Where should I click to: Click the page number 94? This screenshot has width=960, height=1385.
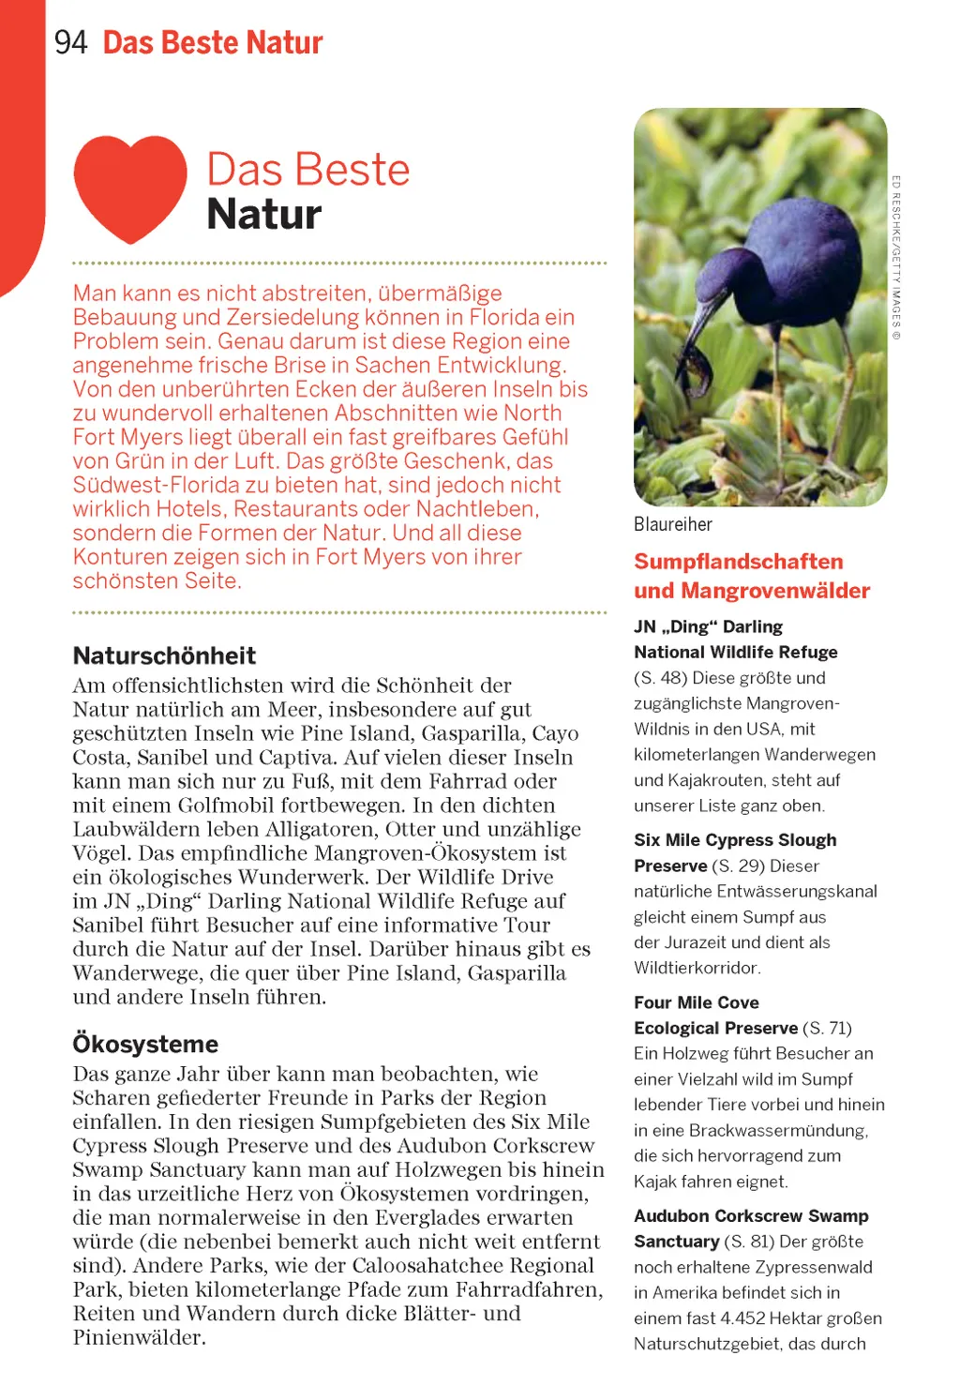click(x=70, y=42)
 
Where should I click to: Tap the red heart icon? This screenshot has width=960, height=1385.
click(x=129, y=185)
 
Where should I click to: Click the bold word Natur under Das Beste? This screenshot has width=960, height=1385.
click(x=263, y=215)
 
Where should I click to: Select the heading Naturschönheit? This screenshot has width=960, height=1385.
click(x=164, y=655)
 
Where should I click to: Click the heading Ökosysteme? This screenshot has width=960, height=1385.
click(x=145, y=1044)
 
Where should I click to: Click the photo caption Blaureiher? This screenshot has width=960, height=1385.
click(x=672, y=524)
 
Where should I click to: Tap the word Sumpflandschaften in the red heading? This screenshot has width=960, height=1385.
click(x=738, y=562)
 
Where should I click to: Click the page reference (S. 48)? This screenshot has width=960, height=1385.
click(x=662, y=678)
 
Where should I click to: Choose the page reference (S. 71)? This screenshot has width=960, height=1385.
click(x=827, y=1028)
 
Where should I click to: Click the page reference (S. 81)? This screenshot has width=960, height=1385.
click(x=749, y=1242)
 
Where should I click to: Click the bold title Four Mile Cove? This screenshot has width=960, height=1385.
click(x=696, y=1002)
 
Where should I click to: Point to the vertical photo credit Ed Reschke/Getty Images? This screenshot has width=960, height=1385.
click(x=896, y=257)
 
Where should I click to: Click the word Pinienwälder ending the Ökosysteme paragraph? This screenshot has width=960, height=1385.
click(x=139, y=1338)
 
